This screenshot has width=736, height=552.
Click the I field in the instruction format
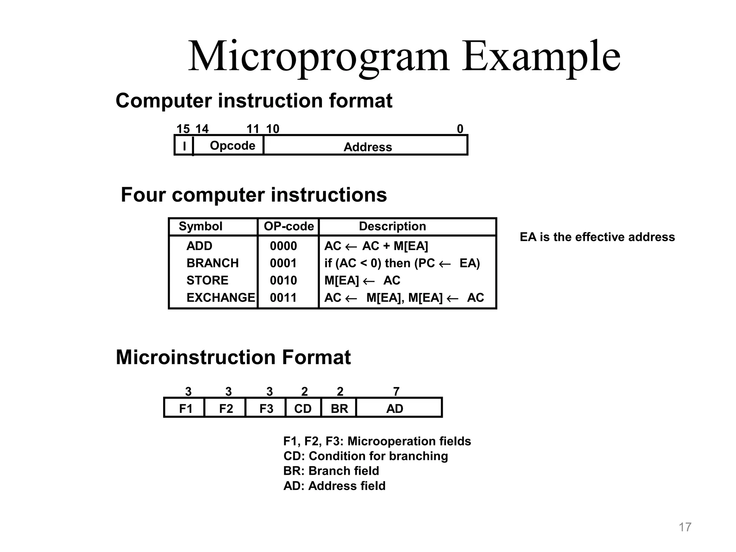coord(184,146)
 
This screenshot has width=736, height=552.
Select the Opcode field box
coord(232,146)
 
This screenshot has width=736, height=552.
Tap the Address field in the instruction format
coord(367,147)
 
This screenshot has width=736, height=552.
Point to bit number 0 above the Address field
coord(460,129)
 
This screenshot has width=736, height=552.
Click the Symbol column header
coord(200,226)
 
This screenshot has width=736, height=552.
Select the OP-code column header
coord(289,226)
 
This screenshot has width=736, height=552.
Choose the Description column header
coord(392,226)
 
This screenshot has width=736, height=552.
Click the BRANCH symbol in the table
coord(212,263)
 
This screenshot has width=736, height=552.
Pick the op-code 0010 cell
coord(283,280)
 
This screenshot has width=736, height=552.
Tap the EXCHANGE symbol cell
coord(220,298)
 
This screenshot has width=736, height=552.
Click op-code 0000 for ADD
coord(283,246)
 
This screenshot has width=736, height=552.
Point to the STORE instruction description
coord(362,280)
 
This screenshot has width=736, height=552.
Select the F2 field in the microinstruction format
coord(226,409)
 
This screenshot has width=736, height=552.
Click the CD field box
coord(303,409)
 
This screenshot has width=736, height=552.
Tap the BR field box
coord(339,409)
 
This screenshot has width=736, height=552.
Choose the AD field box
coord(395,409)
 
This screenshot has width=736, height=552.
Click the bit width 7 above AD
coord(396,391)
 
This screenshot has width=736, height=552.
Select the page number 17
coord(685,527)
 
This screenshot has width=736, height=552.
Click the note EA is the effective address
coord(597,237)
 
